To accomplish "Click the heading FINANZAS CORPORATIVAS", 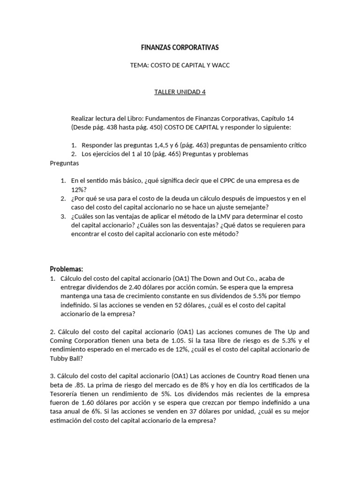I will click(180, 48).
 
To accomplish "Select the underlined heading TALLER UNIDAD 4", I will click(180, 92).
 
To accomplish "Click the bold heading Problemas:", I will click(67, 269).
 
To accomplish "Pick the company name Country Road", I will click(251, 376).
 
